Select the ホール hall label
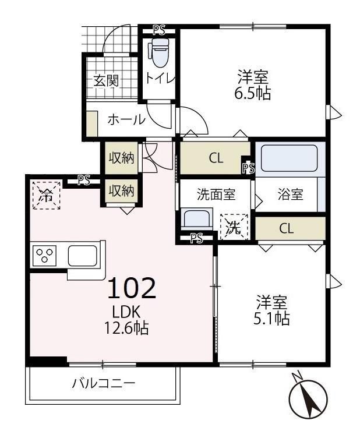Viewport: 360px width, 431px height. [x=126, y=120]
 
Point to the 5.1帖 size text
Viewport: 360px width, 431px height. [x=273, y=319]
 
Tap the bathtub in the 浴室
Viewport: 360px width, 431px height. [x=289, y=157]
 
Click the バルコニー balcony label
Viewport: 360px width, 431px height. [x=104, y=384]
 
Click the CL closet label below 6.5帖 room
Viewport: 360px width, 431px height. [x=216, y=158]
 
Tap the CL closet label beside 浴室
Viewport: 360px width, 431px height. [x=285, y=228]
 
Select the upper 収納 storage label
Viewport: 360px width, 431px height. [x=121, y=158]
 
